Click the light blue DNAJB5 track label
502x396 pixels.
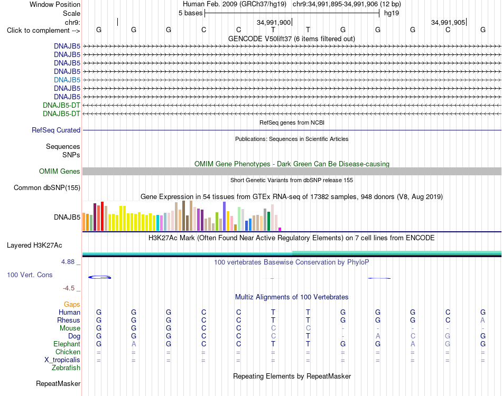pyautogui.click(x=67, y=80)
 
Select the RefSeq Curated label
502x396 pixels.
pyautogui.click(x=56, y=130)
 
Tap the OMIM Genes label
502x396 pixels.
pyautogui.click(x=60, y=172)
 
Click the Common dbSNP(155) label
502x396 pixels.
pyautogui.click(x=47, y=188)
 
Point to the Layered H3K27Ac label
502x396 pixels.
pyautogui.click(x=34, y=246)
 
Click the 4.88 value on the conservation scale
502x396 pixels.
pyautogui.click(x=68, y=262)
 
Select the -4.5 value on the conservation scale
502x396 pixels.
pyautogui.click(x=69, y=288)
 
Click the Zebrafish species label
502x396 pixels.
pyautogui.click(x=66, y=368)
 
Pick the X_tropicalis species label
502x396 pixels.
pyautogui.click(x=62, y=360)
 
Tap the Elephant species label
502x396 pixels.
pyautogui.click(x=67, y=344)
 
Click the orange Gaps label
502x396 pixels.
pyautogui.click(x=72, y=305)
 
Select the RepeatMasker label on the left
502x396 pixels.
pyautogui.click(x=58, y=383)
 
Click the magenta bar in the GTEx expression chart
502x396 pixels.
pyautogui.click(x=280, y=229)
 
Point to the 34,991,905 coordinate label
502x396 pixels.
pyautogui.click(x=448, y=22)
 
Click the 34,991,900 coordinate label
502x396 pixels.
pyautogui.click(x=274, y=22)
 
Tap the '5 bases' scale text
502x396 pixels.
pyautogui.click(x=190, y=13)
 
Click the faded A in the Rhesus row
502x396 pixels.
pyautogui.click(x=483, y=320)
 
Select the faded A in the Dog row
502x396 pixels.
pyautogui.click(x=378, y=336)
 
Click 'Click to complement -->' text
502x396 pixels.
pyautogui.click(x=43, y=31)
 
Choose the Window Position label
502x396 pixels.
pyautogui.click(x=55, y=4)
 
